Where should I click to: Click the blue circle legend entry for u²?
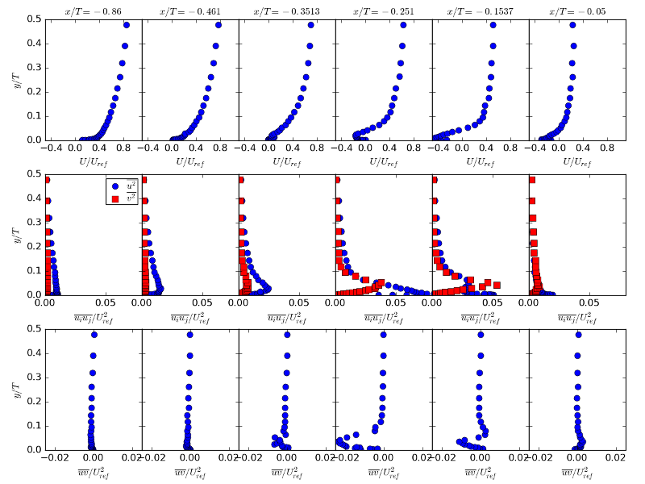pyautogui.click(x=115, y=186)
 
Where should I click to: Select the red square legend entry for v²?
pyautogui.click(x=115, y=198)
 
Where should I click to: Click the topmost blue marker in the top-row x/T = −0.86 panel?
pyautogui.click(x=127, y=25)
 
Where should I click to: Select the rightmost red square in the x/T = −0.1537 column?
pyautogui.click(x=497, y=285)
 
